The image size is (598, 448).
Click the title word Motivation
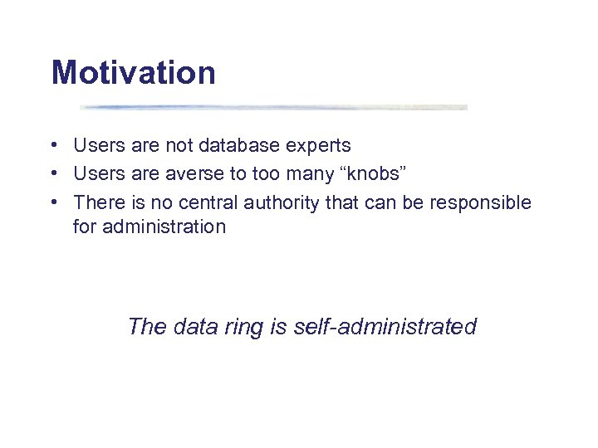click(133, 73)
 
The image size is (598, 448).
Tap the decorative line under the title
click(274, 107)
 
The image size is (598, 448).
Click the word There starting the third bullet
click(97, 202)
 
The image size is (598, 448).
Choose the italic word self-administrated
click(385, 327)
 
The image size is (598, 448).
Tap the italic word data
click(195, 327)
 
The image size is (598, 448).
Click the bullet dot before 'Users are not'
click(53, 146)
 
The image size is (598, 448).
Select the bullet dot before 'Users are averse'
click(53, 174)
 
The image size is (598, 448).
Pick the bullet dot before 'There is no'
click(53, 202)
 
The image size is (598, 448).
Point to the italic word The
click(147, 327)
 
